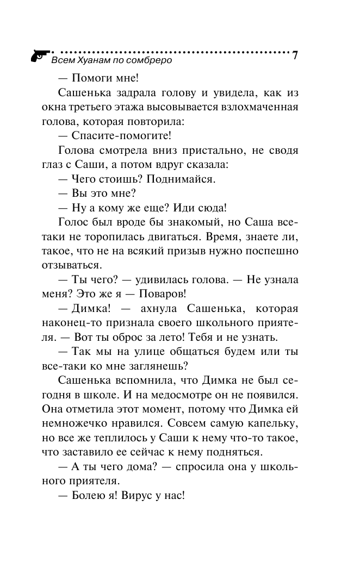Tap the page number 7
pos(295,55)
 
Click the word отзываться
pos(71,266)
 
